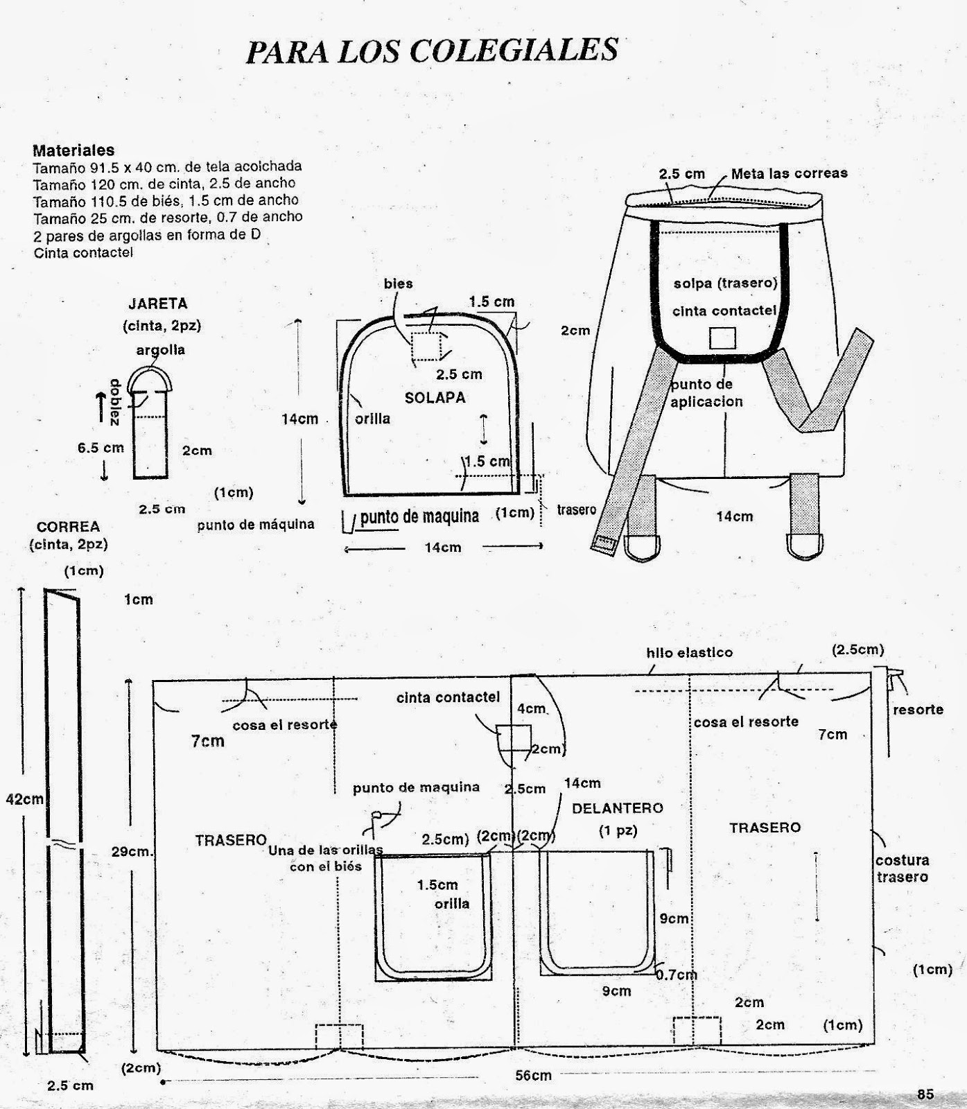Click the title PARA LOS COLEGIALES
[x=432, y=51]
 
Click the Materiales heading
[x=73, y=150]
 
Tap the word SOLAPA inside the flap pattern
[x=435, y=398]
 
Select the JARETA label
[x=157, y=304]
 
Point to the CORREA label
[x=68, y=527]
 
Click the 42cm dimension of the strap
[x=24, y=798]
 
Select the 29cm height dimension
[x=132, y=852]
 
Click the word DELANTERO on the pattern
[x=617, y=808]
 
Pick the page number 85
[x=925, y=1094]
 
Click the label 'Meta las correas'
[x=789, y=173]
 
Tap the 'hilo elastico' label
[x=689, y=652]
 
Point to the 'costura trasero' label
[x=902, y=868]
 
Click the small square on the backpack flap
[x=722, y=338]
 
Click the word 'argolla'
[x=160, y=350]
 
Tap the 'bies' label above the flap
[x=398, y=283]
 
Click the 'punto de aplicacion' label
[x=706, y=393]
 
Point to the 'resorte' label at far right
[x=918, y=710]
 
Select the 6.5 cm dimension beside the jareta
[x=101, y=448]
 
